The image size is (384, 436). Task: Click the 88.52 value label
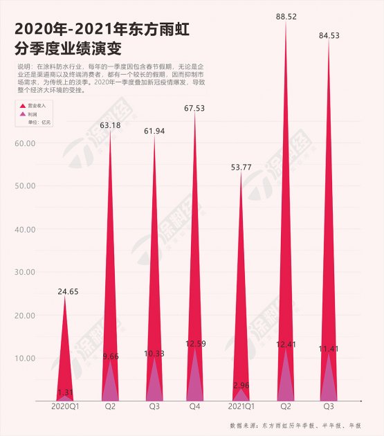coord(285,16)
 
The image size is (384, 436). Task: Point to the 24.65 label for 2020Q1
coord(67,291)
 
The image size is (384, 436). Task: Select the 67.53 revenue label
coord(196,107)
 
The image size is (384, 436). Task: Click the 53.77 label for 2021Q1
coord(241,167)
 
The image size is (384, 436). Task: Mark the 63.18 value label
coord(111,125)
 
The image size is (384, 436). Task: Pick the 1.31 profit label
coord(66,392)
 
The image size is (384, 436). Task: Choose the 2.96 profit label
coord(241,383)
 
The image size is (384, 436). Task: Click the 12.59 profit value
coord(196,343)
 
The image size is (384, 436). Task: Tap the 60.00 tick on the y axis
coord(25,143)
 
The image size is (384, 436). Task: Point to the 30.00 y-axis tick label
coord(25,272)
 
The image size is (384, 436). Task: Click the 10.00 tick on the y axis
coord(25,358)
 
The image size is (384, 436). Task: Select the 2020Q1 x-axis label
coord(66,408)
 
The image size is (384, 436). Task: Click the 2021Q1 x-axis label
coord(241,408)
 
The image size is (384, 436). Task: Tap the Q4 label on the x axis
coord(196,408)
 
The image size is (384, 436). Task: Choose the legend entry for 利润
coord(32,113)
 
